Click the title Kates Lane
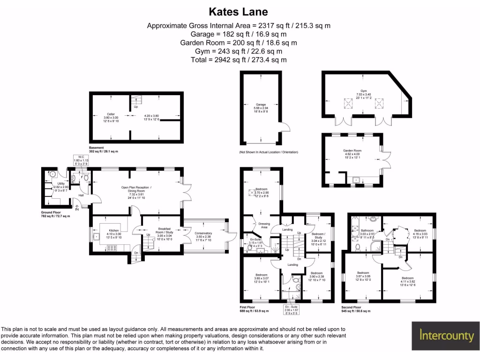pyautogui.click(x=239, y=11)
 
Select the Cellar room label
pyautogui.click(x=111, y=114)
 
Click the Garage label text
pyautogui.click(x=261, y=105)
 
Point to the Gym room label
pyautogui.click(x=363, y=91)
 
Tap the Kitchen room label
pyautogui.click(x=114, y=231)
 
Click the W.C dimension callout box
pyautogui.click(x=81, y=160)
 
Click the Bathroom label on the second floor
pyautogui.click(x=367, y=231)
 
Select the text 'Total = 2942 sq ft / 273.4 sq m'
pyautogui.click(x=239, y=60)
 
